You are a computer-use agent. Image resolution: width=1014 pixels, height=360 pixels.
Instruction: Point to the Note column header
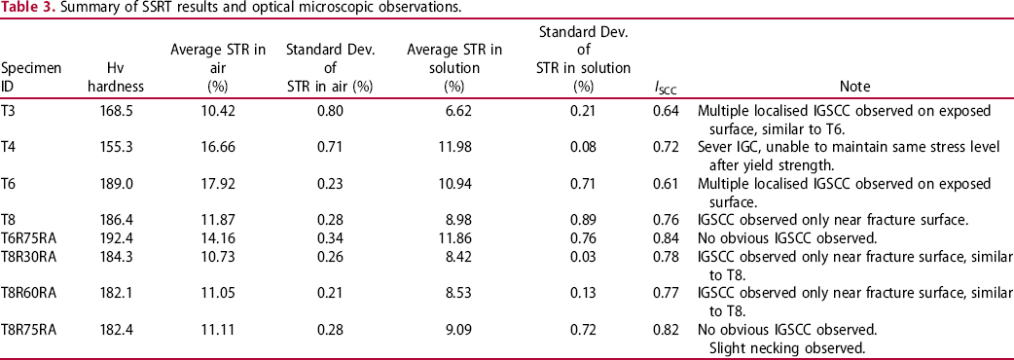tap(854, 87)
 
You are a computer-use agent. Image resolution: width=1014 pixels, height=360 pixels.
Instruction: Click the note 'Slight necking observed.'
tap(787, 348)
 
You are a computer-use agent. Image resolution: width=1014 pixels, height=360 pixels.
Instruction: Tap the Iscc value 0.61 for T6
tap(666, 183)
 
